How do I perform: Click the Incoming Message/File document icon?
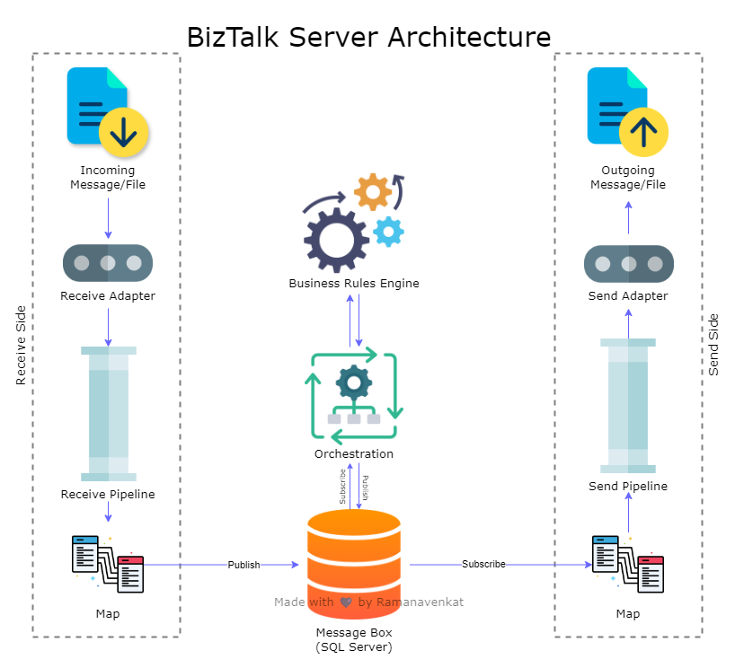click(107, 112)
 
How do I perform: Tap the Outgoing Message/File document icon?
click(628, 112)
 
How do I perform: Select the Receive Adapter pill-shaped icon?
click(108, 263)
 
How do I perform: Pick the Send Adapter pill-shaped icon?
click(629, 264)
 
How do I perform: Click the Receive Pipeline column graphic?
click(109, 414)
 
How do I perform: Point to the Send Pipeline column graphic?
click(628, 406)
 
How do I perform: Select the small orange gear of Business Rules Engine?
click(373, 191)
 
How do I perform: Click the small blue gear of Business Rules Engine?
click(388, 232)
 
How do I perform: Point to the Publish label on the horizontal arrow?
click(244, 565)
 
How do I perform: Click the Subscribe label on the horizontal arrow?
click(483, 564)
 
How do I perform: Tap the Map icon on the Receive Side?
click(108, 564)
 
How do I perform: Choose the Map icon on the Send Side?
click(628, 564)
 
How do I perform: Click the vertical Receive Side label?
click(21, 346)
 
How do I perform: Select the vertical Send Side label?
click(713, 345)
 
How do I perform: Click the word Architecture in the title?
click(469, 37)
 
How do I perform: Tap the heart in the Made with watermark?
click(346, 602)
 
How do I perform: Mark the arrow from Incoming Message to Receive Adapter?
click(109, 218)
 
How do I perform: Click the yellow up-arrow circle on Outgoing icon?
click(643, 132)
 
